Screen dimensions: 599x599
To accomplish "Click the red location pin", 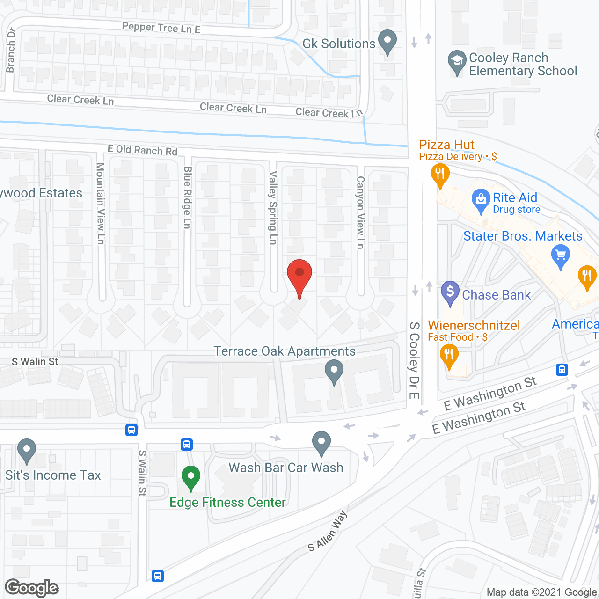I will click(x=299, y=274).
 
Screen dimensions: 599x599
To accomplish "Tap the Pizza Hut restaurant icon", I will click(x=440, y=175).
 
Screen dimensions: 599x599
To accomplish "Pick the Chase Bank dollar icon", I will click(x=450, y=292).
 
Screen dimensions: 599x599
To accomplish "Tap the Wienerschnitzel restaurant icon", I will click(x=449, y=354).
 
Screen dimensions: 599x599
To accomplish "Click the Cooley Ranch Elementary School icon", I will click(x=457, y=61).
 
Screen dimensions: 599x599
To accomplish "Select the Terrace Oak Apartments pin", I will click(x=334, y=370).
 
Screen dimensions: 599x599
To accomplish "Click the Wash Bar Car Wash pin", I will click(x=321, y=442).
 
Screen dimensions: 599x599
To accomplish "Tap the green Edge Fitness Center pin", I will click(x=190, y=477).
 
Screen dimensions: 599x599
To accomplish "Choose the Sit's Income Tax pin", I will click(x=27, y=450).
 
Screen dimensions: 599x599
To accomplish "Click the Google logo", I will click(x=32, y=588).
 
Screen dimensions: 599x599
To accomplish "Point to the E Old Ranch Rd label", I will click(x=142, y=150).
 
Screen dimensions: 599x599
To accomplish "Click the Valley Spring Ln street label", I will click(x=273, y=207).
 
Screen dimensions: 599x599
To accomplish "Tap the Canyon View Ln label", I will click(x=360, y=212).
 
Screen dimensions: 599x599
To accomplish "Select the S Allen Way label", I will click(x=328, y=531).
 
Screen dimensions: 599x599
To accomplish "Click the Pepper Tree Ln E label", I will click(x=161, y=28).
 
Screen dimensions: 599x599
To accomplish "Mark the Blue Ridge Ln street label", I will click(x=187, y=197).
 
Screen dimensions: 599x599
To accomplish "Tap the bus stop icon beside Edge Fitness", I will click(x=187, y=444).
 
